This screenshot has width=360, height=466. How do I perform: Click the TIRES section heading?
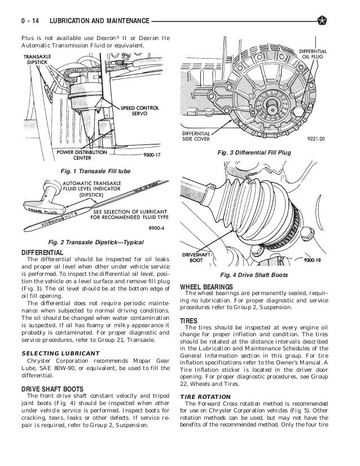[x=188, y=320]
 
